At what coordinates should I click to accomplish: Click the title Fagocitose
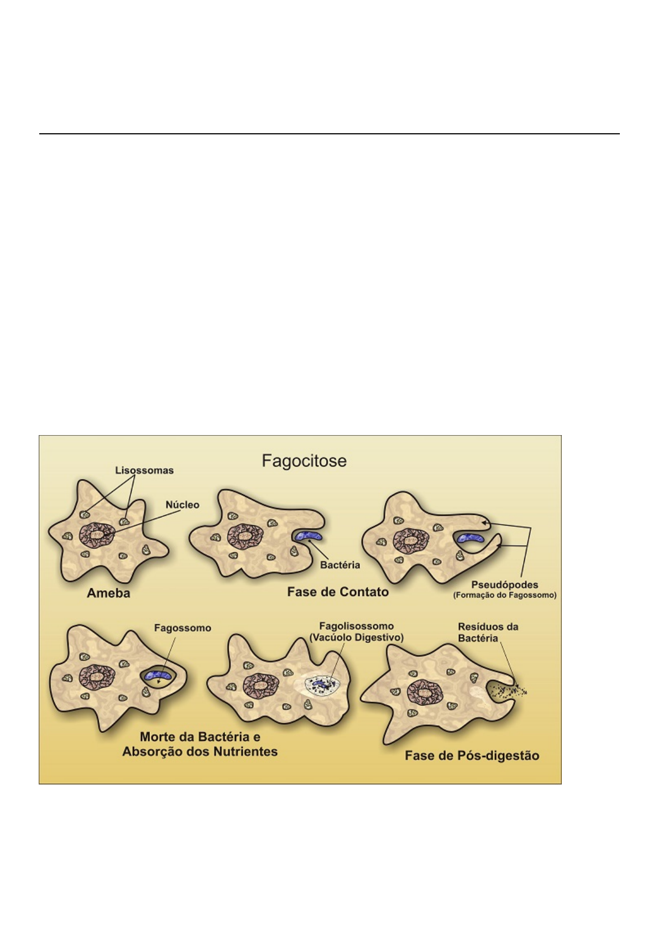tap(304, 461)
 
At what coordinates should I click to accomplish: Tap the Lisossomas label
tap(144, 470)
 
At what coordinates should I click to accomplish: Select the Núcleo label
tap(182, 505)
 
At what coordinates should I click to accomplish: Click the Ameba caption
tap(108, 593)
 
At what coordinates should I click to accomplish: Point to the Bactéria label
tap(340, 565)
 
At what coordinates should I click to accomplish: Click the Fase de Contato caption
tap(338, 592)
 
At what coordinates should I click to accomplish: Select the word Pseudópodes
tap(504, 584)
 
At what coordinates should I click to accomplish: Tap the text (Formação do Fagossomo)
tap(504, 595)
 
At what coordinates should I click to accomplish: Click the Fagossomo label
tap(182, 628)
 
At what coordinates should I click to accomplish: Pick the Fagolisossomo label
tap(357, 626)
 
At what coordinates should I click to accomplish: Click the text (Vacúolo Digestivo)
tap(357, 637)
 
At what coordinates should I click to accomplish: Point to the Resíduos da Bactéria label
tap(488, 632)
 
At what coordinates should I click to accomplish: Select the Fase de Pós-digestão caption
tap(472, 755)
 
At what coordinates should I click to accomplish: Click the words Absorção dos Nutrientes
tap(200, 752)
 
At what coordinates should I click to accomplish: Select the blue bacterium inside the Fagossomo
tap(159, 675)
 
